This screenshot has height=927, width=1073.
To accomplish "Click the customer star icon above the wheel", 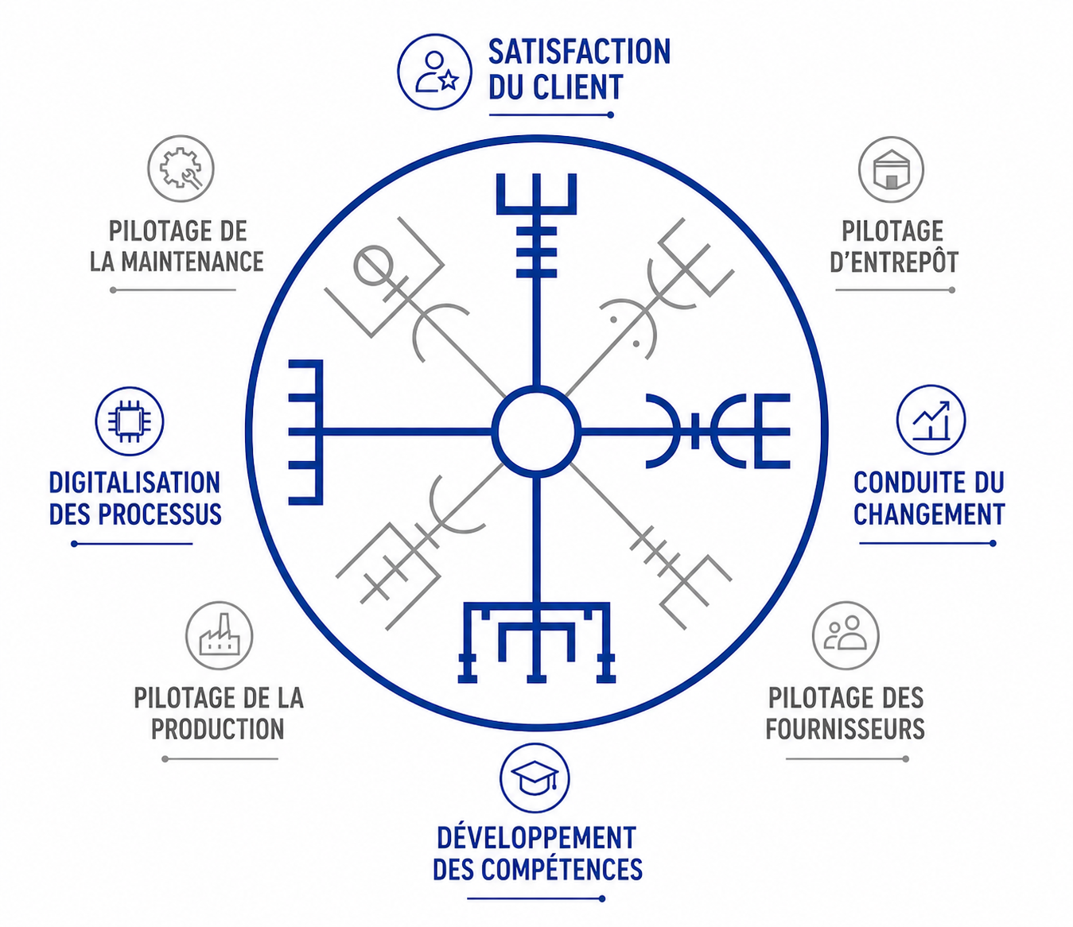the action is [435, 72].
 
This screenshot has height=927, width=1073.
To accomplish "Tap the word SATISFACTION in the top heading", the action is [579, 52].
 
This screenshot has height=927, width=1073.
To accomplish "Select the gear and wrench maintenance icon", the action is [181, 169].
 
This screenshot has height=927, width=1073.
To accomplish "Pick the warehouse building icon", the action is [891, 169].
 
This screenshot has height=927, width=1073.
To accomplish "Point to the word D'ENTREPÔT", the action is [894, 262].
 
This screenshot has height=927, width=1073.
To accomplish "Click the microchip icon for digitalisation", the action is [130, 421].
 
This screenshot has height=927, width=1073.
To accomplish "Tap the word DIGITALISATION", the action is [134, 483].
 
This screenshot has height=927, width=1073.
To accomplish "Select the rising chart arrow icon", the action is [931, 421].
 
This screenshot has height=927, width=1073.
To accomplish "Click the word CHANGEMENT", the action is [929, 514].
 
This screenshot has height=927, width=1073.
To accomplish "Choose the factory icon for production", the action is [219, 635].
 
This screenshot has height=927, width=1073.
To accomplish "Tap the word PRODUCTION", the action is [217, 729].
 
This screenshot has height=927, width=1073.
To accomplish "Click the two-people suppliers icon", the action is [846, 635].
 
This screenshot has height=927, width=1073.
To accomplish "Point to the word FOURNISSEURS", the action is [845, 729].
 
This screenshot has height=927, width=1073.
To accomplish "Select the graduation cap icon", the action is [535, 778].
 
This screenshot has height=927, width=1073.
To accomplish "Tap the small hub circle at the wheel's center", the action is [536, 432].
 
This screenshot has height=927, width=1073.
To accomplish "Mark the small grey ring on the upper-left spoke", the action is [372, 265].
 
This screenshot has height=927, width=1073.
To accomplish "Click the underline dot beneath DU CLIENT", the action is [610, 115].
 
